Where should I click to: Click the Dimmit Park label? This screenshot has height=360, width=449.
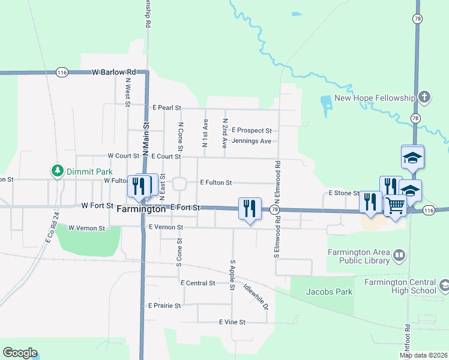tap(86, 171)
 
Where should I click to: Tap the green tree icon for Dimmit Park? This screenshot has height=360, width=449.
tap(58, 171)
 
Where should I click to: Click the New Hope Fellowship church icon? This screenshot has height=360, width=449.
tap(424, 98)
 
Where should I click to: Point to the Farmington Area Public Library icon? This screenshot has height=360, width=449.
tap(398, 257)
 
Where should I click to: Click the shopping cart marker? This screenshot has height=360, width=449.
tap(396, 205)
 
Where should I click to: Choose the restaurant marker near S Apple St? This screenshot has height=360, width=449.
tap(250, 208)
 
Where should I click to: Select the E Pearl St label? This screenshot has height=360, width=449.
tap(166, 108)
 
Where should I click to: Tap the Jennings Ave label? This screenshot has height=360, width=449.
tap(251, 141)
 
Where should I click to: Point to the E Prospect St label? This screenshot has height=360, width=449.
tap(252, 130)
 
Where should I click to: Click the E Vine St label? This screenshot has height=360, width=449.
tap(232, 322)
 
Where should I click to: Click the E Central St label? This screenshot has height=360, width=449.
tap(197, 283)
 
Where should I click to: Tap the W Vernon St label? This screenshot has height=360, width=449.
tap(86, 228)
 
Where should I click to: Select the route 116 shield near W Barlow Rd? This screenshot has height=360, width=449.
tap(62, 72)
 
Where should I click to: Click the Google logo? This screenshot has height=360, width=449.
tap(20, 353)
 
